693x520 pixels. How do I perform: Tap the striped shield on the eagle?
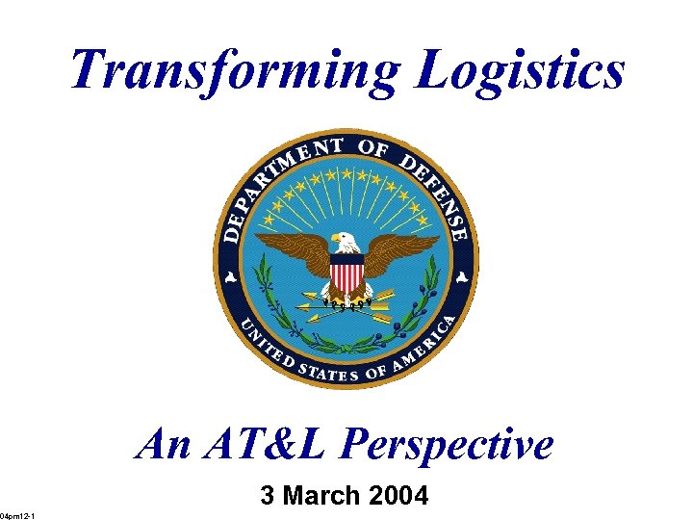(x=346, y=273)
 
